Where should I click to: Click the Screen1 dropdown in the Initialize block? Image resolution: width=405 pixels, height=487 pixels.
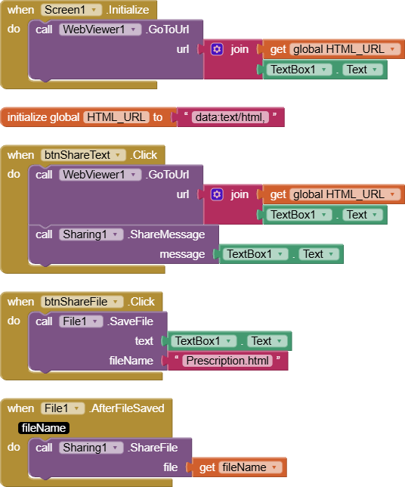point(71,10)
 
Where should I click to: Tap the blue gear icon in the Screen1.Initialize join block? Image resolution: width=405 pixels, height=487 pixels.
point(217,49)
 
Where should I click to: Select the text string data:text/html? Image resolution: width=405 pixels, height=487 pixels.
point(230,117)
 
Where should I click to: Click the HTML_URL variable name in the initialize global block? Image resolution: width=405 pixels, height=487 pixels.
point(116,117)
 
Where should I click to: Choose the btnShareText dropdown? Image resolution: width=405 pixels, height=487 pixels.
point(83,155)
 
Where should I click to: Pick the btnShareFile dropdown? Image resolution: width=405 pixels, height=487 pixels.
point(82,302)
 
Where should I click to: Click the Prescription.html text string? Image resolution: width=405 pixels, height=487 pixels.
point(227,361)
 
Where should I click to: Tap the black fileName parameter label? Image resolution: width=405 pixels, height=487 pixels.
point(44,428)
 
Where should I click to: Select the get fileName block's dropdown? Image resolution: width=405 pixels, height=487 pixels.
point(251,467)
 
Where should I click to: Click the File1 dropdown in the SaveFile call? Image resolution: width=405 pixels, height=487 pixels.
point(81,321)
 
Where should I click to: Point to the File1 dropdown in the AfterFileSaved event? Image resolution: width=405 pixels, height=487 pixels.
point(63,408)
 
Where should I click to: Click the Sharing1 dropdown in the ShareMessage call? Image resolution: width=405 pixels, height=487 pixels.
point(91,234)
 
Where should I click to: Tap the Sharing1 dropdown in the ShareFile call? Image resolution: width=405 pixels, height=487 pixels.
point(91,448)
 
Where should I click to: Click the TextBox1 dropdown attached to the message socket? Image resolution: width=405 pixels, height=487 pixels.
point(255,254)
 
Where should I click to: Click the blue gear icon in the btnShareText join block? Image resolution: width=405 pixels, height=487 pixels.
point(217,194)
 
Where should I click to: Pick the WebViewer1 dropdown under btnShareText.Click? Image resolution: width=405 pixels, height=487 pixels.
point(100,175)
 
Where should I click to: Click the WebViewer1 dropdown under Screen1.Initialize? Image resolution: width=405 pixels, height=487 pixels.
point(100,29)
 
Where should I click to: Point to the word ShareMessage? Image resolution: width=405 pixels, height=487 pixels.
point(167,234)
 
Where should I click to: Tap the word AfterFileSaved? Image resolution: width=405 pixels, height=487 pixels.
point(128,408)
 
